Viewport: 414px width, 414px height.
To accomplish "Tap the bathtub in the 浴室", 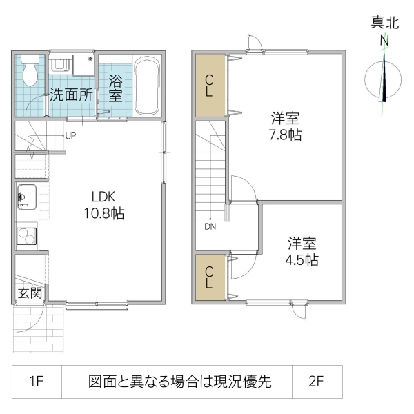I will pos(147,86).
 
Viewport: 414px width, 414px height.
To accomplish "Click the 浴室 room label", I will pos(116,88).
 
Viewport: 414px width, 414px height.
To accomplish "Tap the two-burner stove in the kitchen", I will pos(26,235).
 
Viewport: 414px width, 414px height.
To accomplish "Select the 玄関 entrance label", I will pos(29,293).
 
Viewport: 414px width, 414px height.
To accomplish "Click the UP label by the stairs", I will pos(70,135).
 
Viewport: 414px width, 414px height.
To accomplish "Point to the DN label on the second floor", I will pos(208,226).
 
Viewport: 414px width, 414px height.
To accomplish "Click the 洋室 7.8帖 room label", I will pos(285,126).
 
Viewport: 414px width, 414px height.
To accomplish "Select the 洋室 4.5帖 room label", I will pos(302,251).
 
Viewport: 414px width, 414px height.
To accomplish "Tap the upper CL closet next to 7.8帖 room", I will pos(210,85).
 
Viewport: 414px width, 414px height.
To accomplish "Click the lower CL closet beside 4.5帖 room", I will pos(210,277).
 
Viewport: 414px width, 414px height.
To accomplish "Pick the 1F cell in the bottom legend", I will pos(37,382).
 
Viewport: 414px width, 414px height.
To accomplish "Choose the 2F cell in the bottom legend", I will pos(317,382).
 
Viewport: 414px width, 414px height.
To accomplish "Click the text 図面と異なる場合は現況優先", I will pos(179,382).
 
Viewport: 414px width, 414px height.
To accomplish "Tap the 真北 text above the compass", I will pos(384,23).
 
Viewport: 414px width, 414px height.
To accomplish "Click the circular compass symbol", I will pos(384,78).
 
